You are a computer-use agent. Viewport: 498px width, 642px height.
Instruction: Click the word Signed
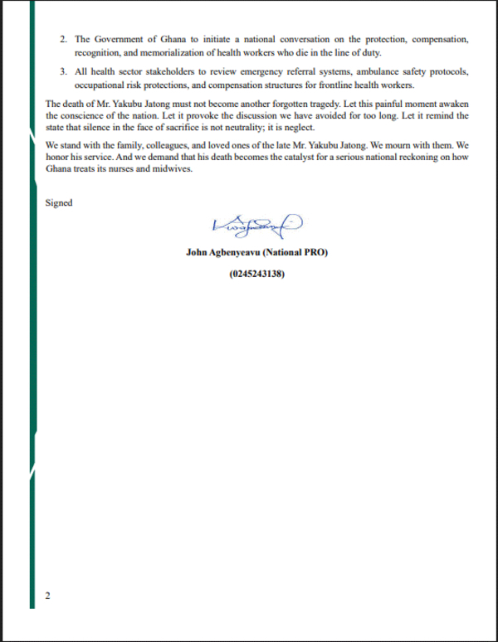[59, 202]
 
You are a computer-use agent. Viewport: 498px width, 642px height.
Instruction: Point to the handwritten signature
[257, 224]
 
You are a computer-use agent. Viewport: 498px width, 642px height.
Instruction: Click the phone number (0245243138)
[257, 273]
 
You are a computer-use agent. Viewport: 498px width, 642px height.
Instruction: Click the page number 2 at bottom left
[47, 596]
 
